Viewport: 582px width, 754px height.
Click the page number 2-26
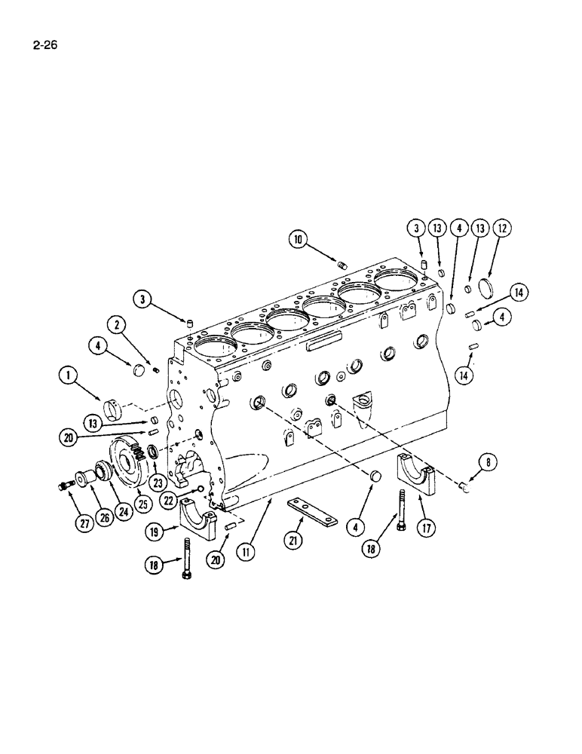(44, 44)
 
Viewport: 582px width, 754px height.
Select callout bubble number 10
(299, 240)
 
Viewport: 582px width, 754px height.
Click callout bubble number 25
(142, 501)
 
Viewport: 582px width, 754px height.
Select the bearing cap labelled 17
(419, 476)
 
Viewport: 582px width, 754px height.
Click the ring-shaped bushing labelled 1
(111, 408)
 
